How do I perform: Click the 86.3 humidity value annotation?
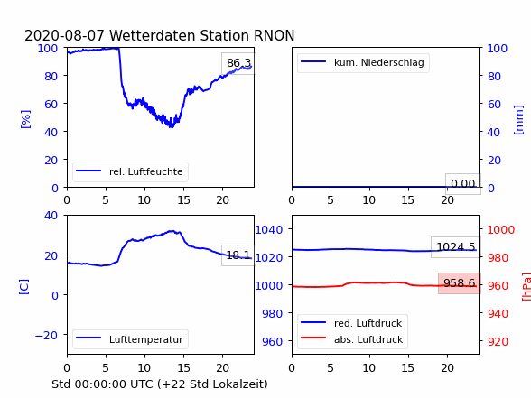tap(238, 63)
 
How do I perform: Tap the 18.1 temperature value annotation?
tap(238, 255)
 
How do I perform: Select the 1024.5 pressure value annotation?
tap(456, 247)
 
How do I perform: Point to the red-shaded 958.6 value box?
tap(460, 283)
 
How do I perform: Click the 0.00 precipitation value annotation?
tap(463, 184)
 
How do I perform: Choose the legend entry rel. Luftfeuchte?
tap(130, 171)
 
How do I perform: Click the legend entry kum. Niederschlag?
tap(363, 62)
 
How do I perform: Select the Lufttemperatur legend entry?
tap(130, 339)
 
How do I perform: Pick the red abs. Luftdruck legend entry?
tap(352, 339)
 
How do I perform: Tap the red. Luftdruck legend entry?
tap(351, 323)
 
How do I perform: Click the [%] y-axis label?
tap(25, 119)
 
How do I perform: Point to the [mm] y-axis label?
tap(518, 120)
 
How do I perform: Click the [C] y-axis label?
tap(24, 287)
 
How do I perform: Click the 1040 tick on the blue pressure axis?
tap(269, 230)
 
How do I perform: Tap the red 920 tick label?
tap(498, 341)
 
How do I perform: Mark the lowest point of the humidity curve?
tap(172, 127)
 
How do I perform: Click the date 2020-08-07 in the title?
tap(64, 35)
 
